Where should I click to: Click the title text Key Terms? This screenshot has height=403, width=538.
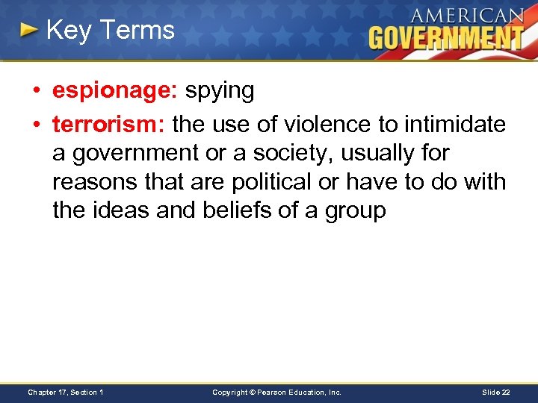point(110,30)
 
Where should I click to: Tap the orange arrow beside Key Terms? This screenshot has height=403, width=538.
point(28,31)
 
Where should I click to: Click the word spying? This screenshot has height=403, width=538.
point(220,91)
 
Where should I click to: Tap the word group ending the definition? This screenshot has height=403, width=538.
point(356,211)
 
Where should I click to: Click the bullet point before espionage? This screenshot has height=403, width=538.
point(37,91)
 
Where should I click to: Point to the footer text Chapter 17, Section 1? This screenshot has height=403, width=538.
point(66,392)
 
